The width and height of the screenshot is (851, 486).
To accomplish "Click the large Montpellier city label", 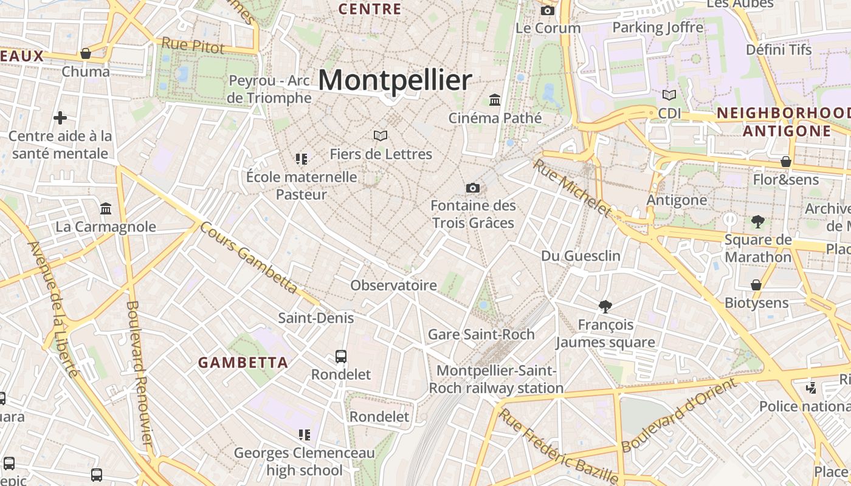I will pyautogui.click(x=394, y=80).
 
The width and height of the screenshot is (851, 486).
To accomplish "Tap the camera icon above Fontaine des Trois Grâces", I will pyautogui.click(x=473, y=188).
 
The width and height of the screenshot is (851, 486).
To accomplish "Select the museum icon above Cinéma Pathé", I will pyautogui.click(x=495, y=100).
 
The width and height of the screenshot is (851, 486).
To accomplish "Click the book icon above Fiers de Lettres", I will pyautogui.click(x=381, y=135).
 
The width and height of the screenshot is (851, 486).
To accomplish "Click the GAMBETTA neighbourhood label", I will pyautogui.click(x=243, y=363).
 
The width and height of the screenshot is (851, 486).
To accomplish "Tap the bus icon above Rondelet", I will pyautogui.click(x=341, y=357).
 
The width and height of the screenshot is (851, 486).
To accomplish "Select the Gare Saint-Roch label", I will pyautogui.click(x=481, y=334).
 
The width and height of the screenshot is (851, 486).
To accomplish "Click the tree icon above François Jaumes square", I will pyautogui.click(x=605, y=307).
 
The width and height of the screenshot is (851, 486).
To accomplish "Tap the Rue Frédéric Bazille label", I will pyautogui.click(x=559, y=447).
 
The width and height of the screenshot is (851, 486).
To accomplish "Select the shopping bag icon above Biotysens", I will pyautogui.click(x=756, y=285).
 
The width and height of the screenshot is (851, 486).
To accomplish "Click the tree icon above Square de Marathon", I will pyautogui.click(x=757, y=222).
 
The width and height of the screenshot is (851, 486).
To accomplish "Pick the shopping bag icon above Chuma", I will pyautogui.click(x=86, y=53).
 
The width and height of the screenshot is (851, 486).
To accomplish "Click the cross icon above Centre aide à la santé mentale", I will pyautogui.click(x=60, y=117).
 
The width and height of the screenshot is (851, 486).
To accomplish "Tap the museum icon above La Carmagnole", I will pyautogui.click(x=106, y=209).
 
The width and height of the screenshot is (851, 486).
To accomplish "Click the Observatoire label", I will pyautogui.click(x=394, y=285).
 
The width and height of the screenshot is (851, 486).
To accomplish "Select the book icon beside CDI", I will pyautogui.click(x=669, y=95).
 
